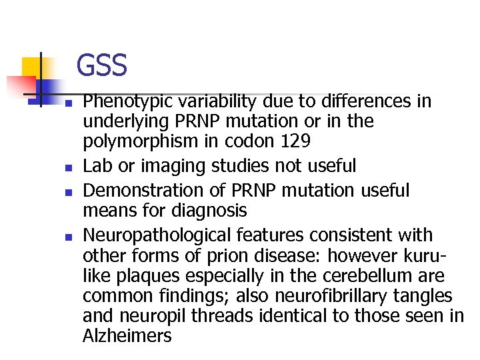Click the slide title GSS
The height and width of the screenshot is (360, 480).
click(101, 66)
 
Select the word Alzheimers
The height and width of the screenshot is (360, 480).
click(127, 335)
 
